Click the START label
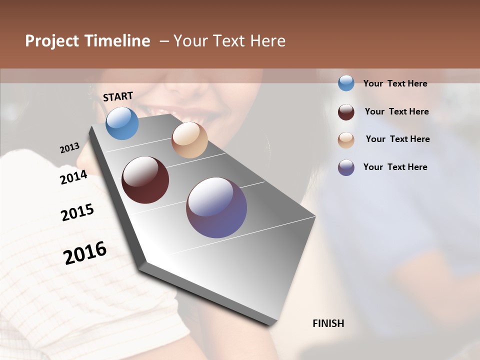[x=118, y=96]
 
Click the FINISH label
[x=328, y=323]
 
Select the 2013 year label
[x=70, y=148]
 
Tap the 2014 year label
[x=74, y=177]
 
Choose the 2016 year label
[x=85, y=253]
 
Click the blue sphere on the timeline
[x=122, y=123]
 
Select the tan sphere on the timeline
[x=189, y=140]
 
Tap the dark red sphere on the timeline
[x=145, y=180]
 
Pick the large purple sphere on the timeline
[x=216, y=207]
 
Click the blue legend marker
[x=346, y=83]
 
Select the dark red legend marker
[x=346, y=111]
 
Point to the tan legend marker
[x=346, y=140]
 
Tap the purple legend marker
[x=346, y=167]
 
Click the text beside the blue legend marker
[x=395, y=83]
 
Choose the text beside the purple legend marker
[x=395, y=167]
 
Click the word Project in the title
[x=52, y=41]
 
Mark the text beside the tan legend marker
[x=397, y=139]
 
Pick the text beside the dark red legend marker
[x=396, y=111]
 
